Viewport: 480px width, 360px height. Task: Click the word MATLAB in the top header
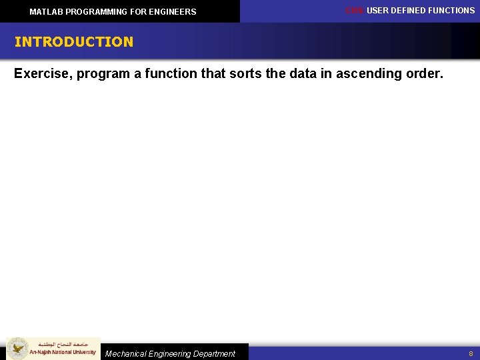point(46,12)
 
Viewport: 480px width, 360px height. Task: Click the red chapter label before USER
point(354,11)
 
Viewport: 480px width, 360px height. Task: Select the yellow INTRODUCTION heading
point(74,42)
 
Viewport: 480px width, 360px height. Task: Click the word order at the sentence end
point(423,73)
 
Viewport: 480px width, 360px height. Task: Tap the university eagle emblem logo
point(17,349)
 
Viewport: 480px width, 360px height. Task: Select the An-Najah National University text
point(63,352)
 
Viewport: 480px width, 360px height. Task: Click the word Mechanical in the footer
point(127,354)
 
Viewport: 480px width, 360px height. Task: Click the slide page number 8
point(471,354)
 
